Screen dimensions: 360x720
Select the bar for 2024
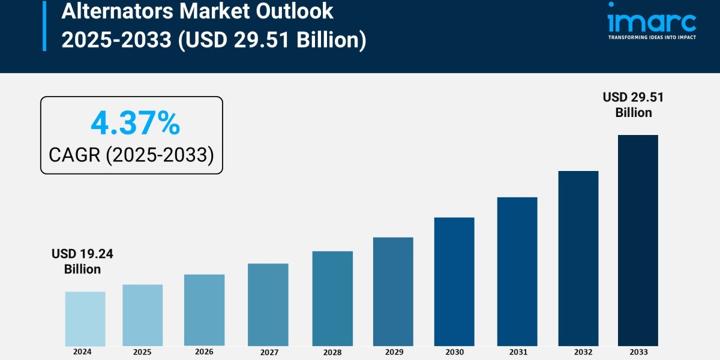coord(85,319)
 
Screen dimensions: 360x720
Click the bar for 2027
coord(268,305)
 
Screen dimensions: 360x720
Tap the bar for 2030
coord(454,281)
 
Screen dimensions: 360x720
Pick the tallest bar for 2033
coord(638,240)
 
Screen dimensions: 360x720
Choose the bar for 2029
coord(393,292)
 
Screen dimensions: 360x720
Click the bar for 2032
coord(578,258)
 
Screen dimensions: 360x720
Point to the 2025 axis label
coord(142,352)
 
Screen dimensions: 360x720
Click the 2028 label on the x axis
coord(332,353)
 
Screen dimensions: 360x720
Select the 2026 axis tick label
coord(204,352)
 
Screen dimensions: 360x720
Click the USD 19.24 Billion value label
coord(82,262)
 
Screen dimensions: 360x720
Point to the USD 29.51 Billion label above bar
coord(633,104)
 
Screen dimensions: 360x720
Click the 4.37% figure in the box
coord(135,124)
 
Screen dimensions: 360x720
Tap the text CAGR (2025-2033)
coord(131,155)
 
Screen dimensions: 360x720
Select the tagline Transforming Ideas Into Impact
coord(652,37)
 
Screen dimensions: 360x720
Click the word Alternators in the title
coord(113,11)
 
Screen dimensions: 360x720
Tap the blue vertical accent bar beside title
coord(44,25)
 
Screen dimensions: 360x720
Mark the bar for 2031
coord(517,271)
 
